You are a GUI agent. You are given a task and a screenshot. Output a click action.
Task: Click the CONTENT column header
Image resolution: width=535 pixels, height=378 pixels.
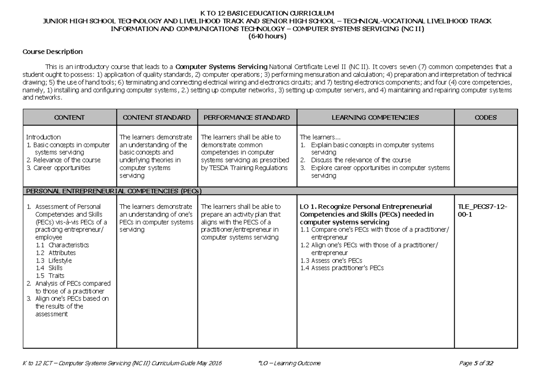pyautogui.click(x=69, y=118)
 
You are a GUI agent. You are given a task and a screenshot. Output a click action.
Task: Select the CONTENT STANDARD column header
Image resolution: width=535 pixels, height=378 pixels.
pyautogui.click(x=156, y=118)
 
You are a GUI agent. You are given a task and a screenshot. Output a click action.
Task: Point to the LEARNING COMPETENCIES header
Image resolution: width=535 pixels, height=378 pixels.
pyautogui.click(x=375, y=118)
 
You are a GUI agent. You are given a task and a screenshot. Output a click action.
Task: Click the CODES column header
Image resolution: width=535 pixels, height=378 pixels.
pyautogui.click(x=486, y=118)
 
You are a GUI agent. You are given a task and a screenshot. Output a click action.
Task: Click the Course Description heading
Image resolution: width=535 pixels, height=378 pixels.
pyautogui.click(x=53, y=52)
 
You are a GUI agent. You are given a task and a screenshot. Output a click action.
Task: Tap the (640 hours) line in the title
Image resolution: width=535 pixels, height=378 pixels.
pyautogui.click(x=267, y=37)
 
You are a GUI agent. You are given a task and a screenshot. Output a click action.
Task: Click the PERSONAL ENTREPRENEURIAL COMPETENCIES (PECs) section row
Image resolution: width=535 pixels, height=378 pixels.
pyautogui.click(x=114, y=191)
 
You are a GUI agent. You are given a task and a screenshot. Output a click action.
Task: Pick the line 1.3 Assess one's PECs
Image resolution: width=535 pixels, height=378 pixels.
pyautogui.click(x=330, y=260)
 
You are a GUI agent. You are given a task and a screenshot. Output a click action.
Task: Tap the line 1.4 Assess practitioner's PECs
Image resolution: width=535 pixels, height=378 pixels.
pyautogui.click(x=342, y=268)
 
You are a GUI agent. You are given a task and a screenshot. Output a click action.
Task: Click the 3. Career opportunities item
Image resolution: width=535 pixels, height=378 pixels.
pyautogui.click(x=58, y=168)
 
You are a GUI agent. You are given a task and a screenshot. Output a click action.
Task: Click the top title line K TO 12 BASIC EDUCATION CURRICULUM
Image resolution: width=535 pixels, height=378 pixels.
pyautogui.click(x=267, y=13)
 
